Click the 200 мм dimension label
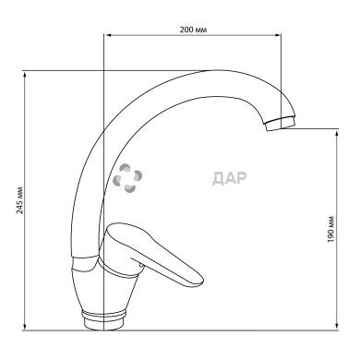pyautogui.click(x=193, y=30)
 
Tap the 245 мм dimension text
pyautogui.click(x=20, y=200)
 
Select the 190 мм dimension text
pyautogui.click(x=330, y=229)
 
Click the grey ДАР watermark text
pyautogui.click(x=230, y=178)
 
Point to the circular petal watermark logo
pyautogui.click(x=127, y=178)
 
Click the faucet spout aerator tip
pyautogui.click(x=280, y=124)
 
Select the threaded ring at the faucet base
pyautogui.click(x=104, y=315)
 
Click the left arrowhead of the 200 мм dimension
pyautogui.click(x=108, y=35)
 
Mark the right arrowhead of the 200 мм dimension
pyautogui.click(x=278, y=35)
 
